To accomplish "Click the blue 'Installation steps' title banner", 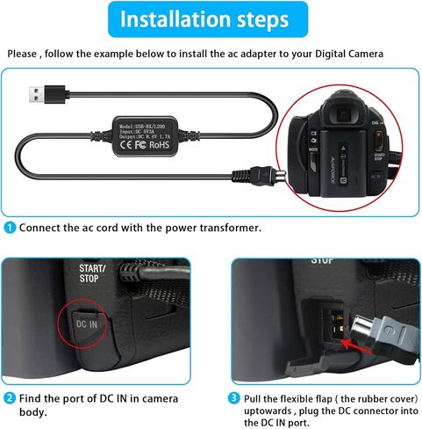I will pyautogui.click(x=211, y=19).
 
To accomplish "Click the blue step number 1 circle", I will pyautogui.click(x=11, y=228).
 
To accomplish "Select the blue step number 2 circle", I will pyautogui.click(x=11, y=397).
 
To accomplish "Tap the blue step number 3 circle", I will pyautogui.click(x=234, y=397).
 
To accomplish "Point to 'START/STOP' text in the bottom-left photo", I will pyautogui.click(x=91, y=273).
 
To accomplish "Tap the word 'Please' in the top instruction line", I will pyautogui.click(x=24, y=55).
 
